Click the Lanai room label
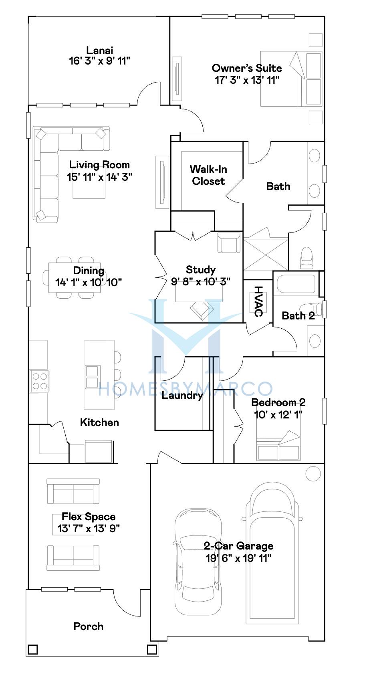(x=100, y=51)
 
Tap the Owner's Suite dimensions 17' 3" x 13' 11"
(x=247, y=80)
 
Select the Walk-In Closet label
(x=208, y=175)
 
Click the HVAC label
(x=258, y=301)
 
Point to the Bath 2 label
(x=298, y=316)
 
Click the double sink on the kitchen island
(x=92, y=377)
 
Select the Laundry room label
(x=182, y=396)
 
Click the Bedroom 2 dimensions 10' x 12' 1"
(x=278, y=414)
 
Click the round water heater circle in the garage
(x=313, y=474)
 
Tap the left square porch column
(x=33, y=649)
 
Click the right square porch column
(x=152, y=649)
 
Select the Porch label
(x=89, y=626)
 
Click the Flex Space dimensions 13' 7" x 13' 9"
(x=89, y=529)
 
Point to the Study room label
(x=201, y=270)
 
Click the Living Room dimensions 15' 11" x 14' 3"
(x=99, y=177)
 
